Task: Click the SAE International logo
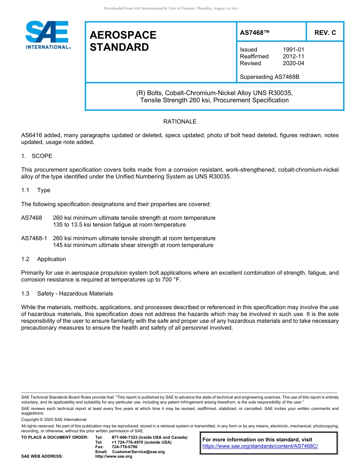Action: point(47,35)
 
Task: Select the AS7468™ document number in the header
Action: point(254,33)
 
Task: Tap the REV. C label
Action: point(325,33)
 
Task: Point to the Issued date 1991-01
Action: point(293,50)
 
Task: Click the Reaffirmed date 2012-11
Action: point(293,56)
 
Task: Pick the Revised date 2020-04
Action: point(293,63)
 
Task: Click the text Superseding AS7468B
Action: point(269,77)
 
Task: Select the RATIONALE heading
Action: point(180,122)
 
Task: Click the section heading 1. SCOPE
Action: point(37,156)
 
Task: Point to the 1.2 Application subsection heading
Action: point(44,259)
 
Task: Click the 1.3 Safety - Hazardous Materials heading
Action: point(67,294)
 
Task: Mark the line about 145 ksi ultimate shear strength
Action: point(133,245)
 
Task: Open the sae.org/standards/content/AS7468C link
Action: point(260,446)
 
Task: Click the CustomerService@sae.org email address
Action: point(138,452)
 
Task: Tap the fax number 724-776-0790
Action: point(124,447)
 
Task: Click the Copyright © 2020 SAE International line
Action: point(54,419)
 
